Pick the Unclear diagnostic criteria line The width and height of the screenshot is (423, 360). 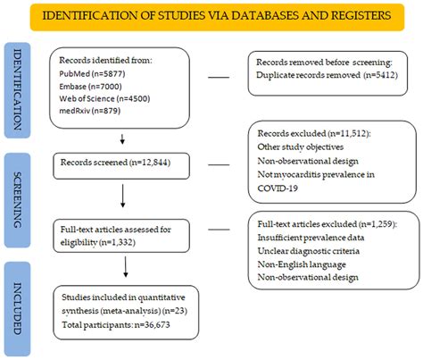313,247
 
